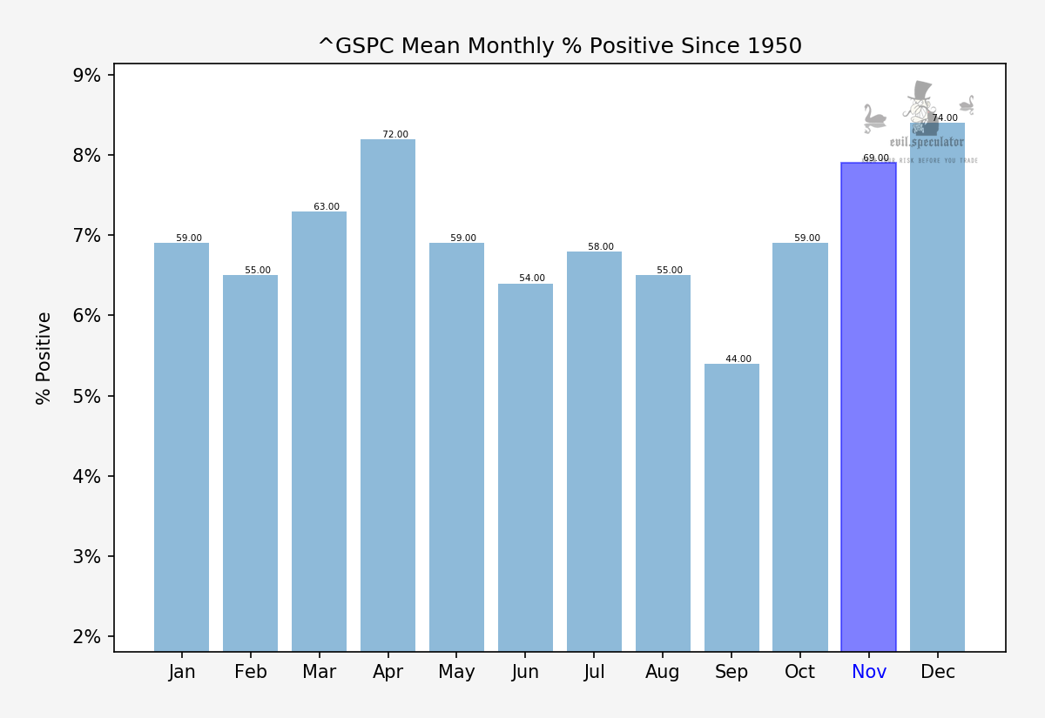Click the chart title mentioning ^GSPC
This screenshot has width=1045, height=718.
(x=559, y=46)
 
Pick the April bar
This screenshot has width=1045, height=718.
(x=388, y=395)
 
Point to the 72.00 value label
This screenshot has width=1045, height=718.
(x=395, y=135)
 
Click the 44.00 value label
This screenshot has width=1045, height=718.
(x=738, y=359)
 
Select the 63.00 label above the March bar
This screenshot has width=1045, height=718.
(x=327, y=207)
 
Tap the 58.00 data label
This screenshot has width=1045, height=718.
(x=601, y=247)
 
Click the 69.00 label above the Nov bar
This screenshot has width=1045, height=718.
(x=876, y=158)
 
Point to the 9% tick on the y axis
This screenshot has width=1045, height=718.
(x=86, y=75)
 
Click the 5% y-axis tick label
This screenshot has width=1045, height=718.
(x=86, y=396)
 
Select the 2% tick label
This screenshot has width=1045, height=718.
(x=86, y=636)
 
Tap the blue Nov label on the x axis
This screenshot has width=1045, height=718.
(x=869, y=672)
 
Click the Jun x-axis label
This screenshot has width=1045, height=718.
(x=525, y=672)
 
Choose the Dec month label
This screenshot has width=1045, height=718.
(x=938, y=672)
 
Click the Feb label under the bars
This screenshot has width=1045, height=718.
(x=251, y=672)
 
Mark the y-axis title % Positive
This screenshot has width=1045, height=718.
(x=44, y=358)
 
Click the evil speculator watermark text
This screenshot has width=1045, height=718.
(x=927, y=142)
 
